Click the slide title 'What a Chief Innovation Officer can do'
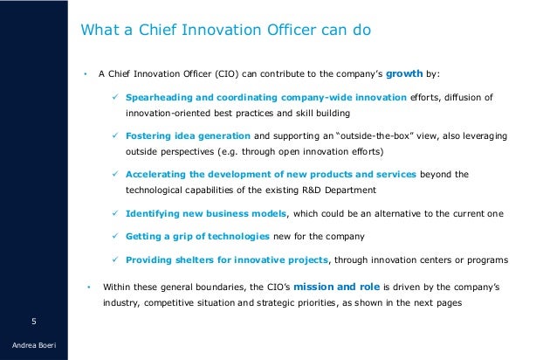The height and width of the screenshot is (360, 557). (x=226, y=31)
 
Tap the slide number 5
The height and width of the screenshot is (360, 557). (x=34, y=320)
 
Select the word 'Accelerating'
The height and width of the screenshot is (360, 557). (x=162, y=174)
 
